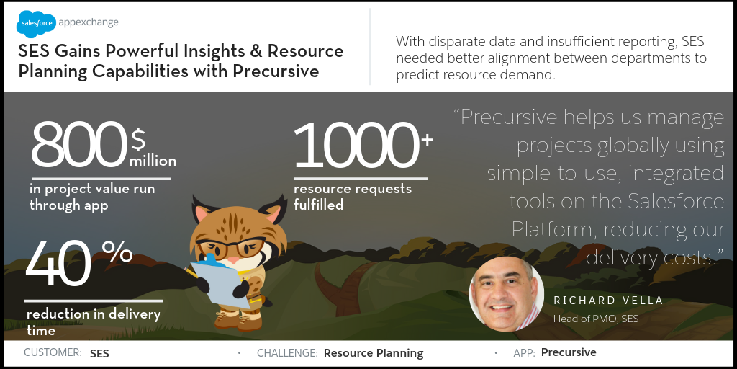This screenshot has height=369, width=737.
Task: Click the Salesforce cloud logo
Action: (x=36, y=24)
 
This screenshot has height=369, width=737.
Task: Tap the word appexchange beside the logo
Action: (x=89, y=22)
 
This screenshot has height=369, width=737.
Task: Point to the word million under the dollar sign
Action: (x=153, y=161)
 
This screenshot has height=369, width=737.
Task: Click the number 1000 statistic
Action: (x=356, y=145)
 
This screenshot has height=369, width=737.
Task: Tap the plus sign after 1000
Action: (x=427, y=141)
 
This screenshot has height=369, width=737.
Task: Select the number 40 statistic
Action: (x=58, y=263)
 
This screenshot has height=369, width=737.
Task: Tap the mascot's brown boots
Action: (x=238, y=320)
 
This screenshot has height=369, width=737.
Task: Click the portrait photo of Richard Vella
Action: (x=507, y=294)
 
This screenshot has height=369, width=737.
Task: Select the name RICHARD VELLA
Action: (x=608, y=301)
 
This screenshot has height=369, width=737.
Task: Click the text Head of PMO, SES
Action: (x=596, y=319)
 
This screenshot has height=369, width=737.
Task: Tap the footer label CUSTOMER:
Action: (x=53, y=352)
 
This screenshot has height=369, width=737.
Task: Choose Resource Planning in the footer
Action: (x=374, y=353)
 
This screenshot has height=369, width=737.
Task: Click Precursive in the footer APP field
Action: (x=569, y=352)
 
